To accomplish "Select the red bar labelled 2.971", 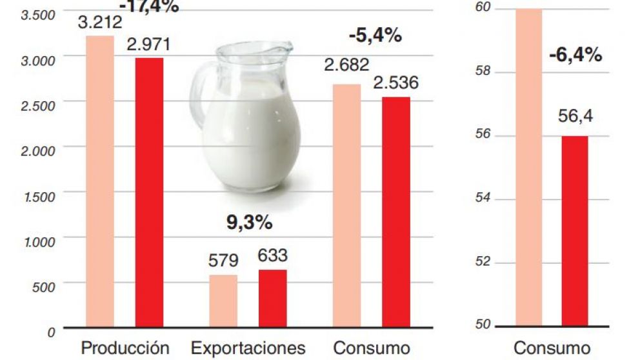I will (x=149, y=192).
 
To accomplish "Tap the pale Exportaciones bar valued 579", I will (x=223, y=300).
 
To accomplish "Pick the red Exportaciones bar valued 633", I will (x=272, y=297).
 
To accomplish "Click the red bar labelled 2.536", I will (x=395, y=211).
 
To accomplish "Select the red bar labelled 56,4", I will (x=575, y=230).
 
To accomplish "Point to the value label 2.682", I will (x=346, y=65).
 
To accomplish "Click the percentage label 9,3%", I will (x=249, y=223).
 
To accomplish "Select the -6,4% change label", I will (x=575, y=55).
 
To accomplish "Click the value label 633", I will (x=272, y=256).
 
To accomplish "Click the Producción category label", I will (x=125, y=348).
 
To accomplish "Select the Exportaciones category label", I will (x=248, y=348).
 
